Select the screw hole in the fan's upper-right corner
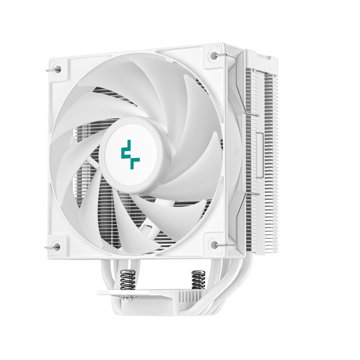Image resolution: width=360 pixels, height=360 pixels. (x=215, y=56)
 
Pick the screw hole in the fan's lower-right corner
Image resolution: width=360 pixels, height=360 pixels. (x=215, y=244)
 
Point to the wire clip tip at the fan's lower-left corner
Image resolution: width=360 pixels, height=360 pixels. (x=48, y=247)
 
